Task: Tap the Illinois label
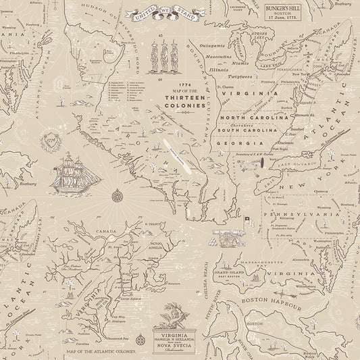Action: (x=218, y=68)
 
